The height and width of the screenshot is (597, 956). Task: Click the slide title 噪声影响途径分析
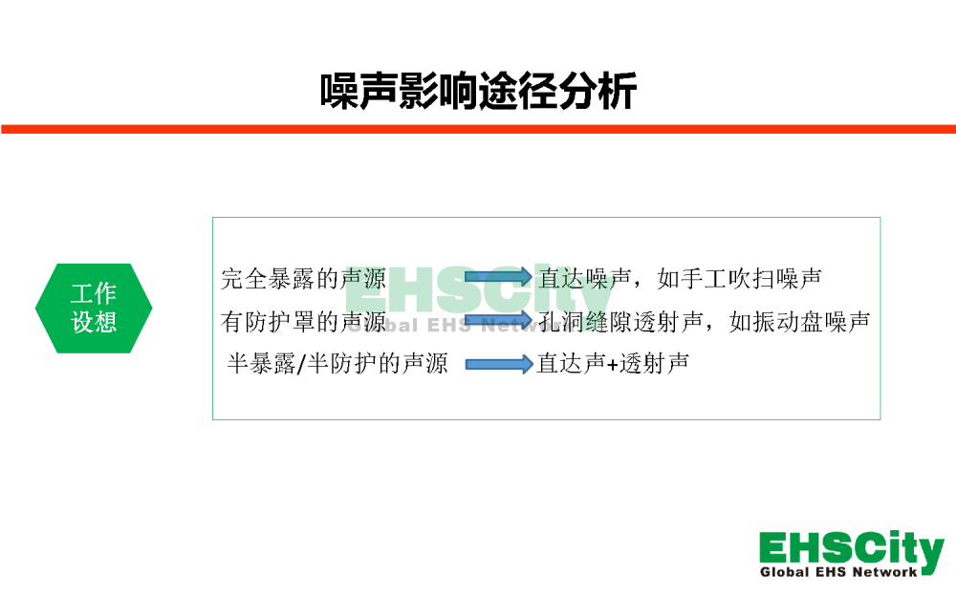[479, 92]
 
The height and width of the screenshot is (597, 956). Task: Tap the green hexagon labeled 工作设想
[94, 309]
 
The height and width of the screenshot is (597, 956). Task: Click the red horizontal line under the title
[478, 129]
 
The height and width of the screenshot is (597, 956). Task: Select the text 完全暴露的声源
[303, 279]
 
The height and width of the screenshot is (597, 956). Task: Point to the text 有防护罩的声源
[303, 322]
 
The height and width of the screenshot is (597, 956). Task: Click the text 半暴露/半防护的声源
[337, 364]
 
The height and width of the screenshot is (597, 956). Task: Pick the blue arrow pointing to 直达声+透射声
[499, 364]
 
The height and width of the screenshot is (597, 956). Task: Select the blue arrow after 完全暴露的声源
[498, 277]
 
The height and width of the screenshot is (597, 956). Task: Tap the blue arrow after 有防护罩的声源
[498, 321]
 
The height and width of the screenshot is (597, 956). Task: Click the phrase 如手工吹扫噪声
[740, 279]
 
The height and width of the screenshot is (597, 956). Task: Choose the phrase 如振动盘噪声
[799, 322]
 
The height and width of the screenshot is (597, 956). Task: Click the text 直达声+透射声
[613, 364]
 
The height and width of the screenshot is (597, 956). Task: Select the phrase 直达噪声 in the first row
[585, 279]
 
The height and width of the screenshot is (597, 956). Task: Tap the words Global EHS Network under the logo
[838, 572]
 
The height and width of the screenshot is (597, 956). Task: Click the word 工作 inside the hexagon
[94, 293]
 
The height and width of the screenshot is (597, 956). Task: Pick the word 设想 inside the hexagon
[94, 322]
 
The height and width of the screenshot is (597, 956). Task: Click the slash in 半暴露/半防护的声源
[301, 364]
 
